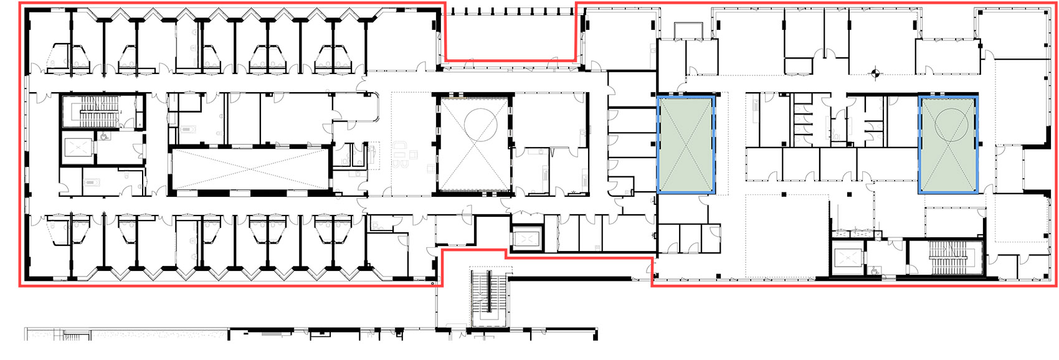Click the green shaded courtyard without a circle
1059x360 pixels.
[x=685, y=144]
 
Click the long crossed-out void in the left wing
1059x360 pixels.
[x=249, y=169]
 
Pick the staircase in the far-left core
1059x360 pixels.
[x=98, y=115]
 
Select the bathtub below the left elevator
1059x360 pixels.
[x=92, y=182]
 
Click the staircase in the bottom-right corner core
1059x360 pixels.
[x=946, y=256]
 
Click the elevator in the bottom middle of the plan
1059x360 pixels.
[x=526, y=239]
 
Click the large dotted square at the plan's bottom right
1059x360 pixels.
[x=787, y=235]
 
